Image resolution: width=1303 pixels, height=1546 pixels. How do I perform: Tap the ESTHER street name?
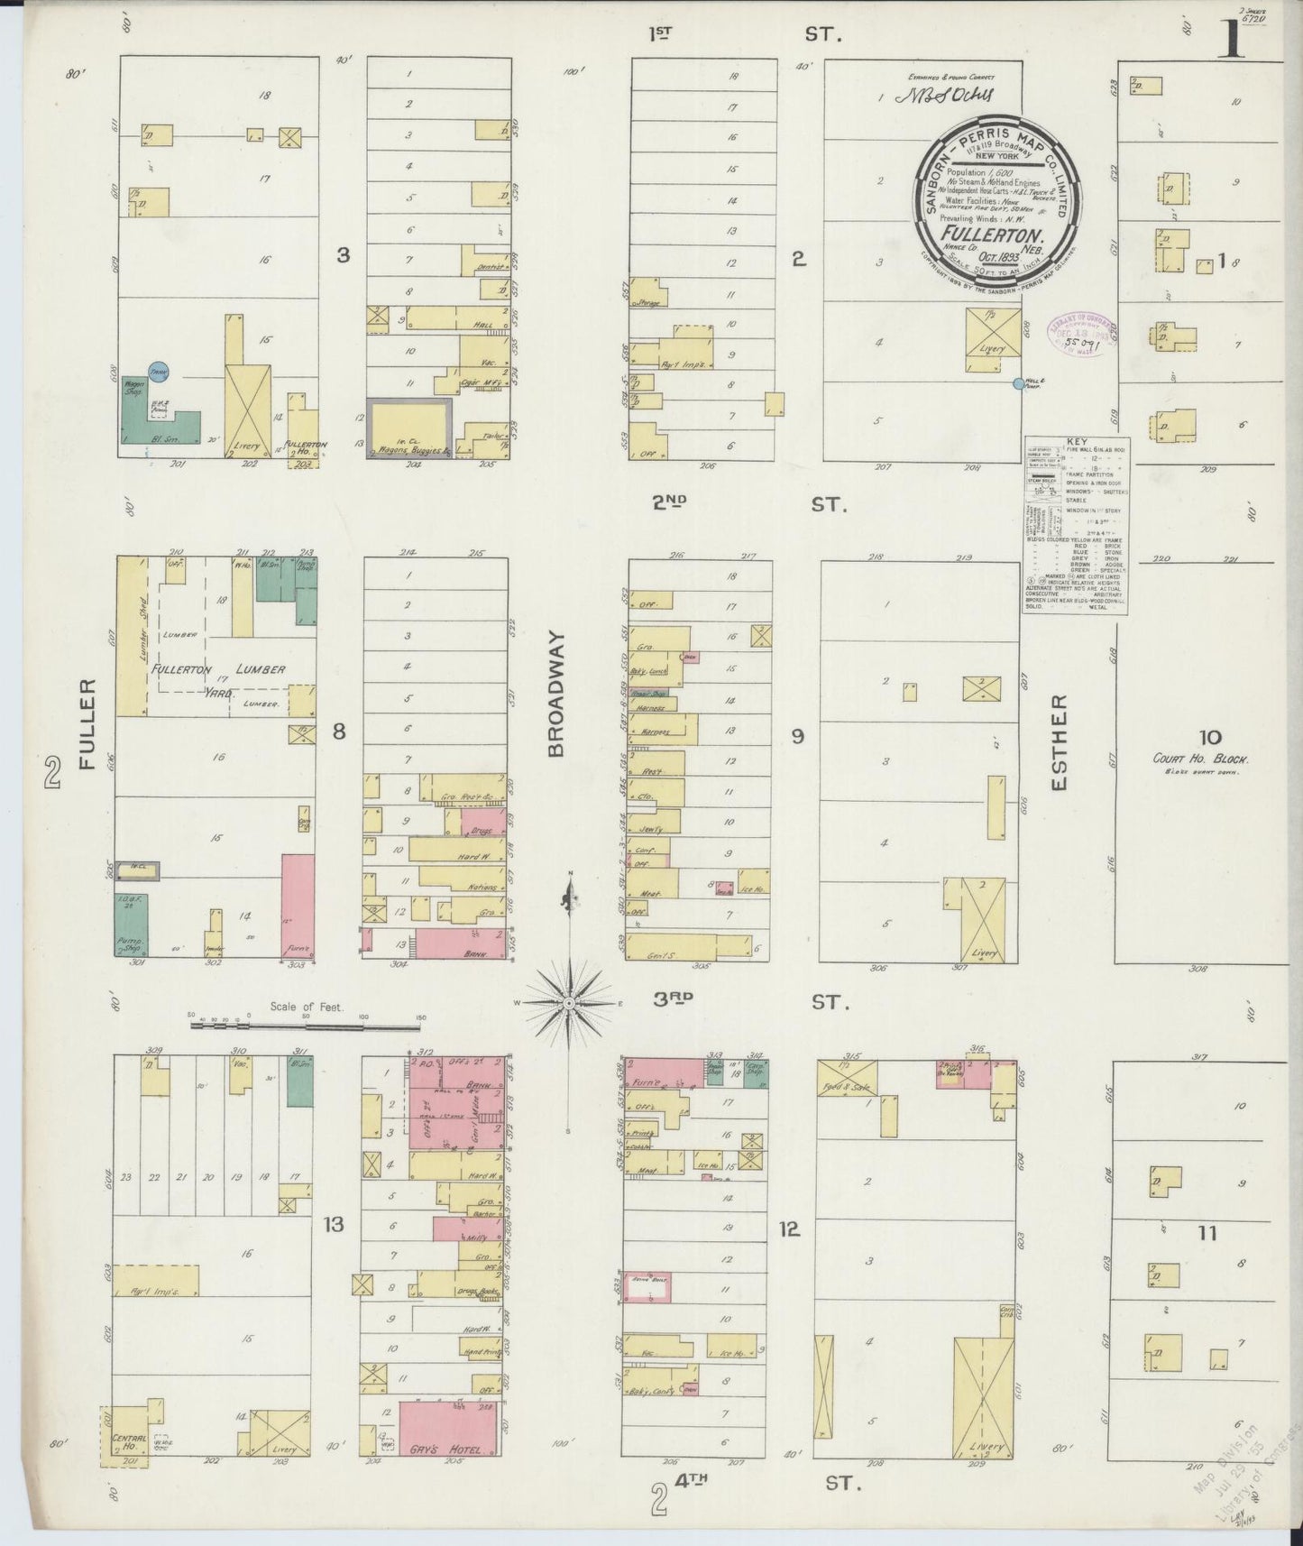point(1060,742)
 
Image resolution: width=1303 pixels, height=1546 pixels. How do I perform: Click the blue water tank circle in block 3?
point(159,371)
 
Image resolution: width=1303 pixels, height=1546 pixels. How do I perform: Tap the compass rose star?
point(570,1003)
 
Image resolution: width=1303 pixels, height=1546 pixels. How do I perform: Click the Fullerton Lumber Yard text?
point(219,670)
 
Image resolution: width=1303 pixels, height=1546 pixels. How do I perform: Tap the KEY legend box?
point(1076,526)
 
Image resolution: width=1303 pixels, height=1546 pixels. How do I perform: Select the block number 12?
point(790,1229)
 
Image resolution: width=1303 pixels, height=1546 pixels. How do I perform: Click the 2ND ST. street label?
point(749,504)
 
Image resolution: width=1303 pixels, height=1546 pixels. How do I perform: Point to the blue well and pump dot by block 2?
point(1019,383)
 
